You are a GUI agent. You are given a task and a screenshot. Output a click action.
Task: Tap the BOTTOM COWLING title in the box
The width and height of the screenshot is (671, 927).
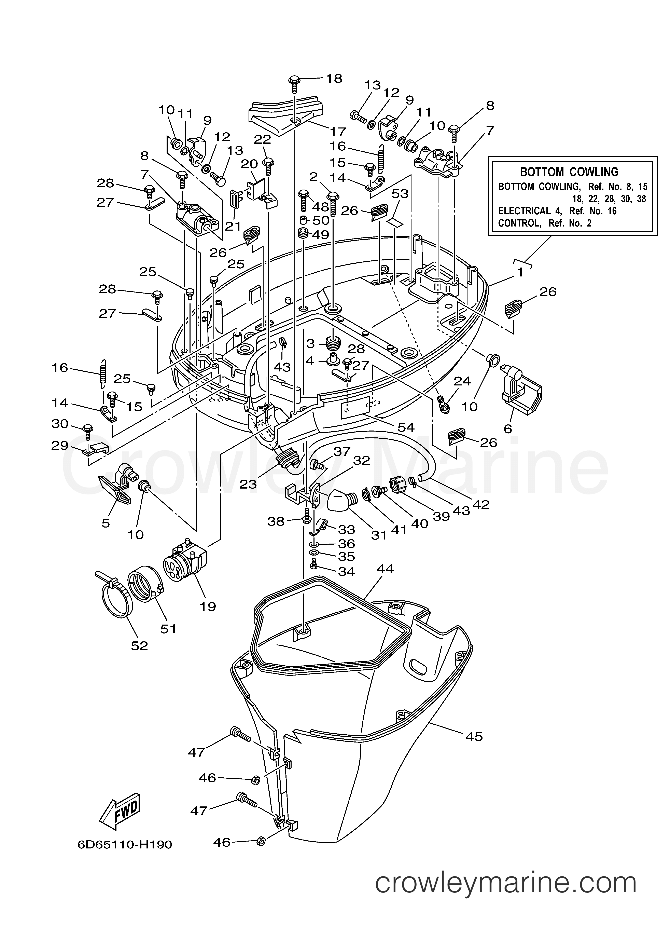coord(569,172)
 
